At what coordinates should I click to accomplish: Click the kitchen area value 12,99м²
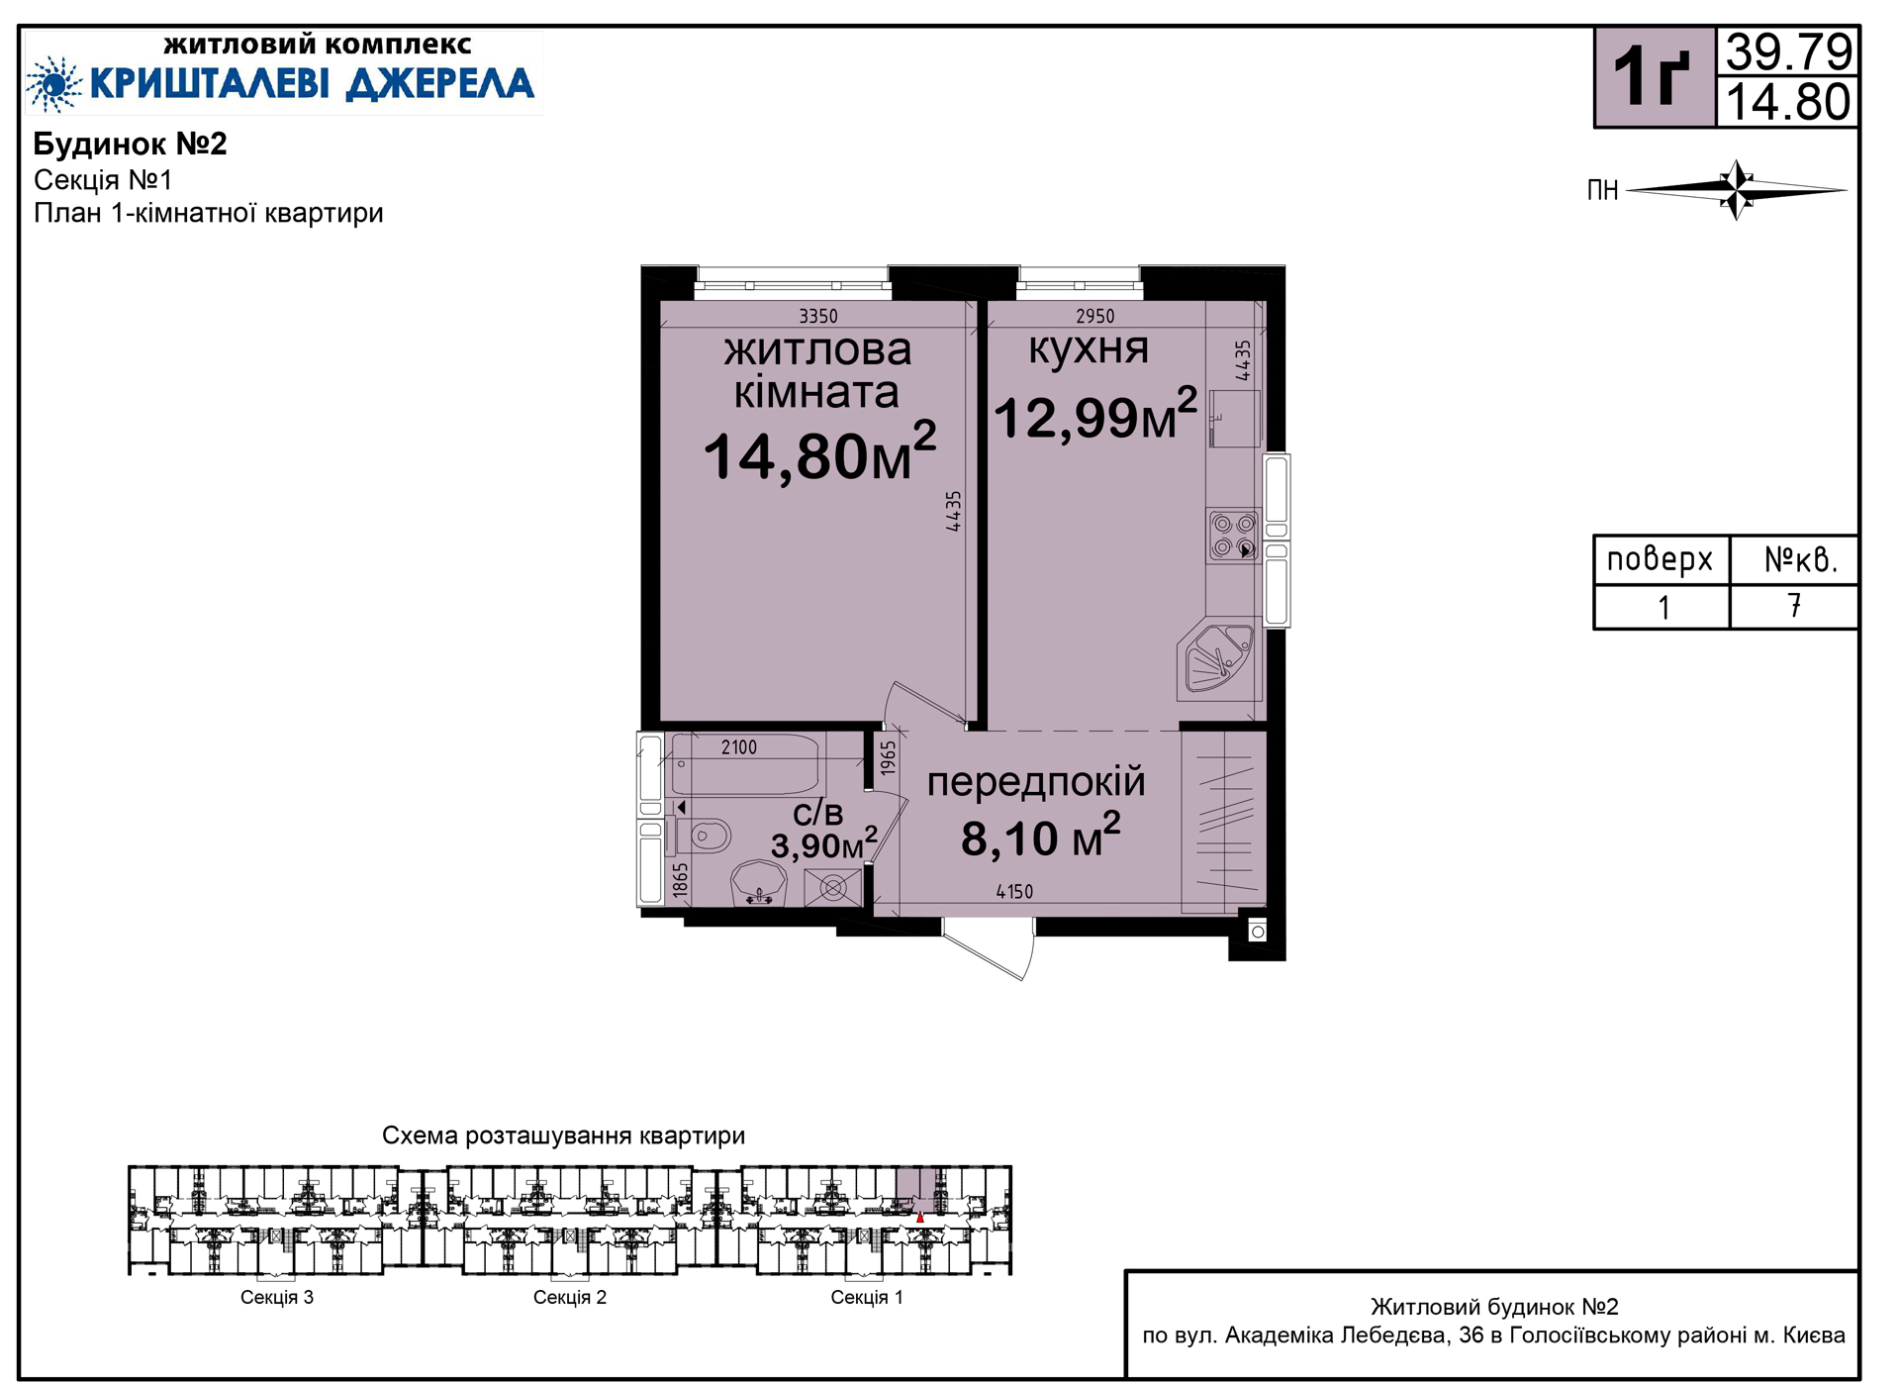pos(1095,414)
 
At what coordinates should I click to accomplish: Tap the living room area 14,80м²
pos(819,453)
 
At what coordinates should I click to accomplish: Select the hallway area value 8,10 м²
pos(1041,837)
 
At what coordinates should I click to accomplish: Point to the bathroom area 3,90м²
pos(824,843)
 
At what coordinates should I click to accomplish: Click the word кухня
pos(1089,348)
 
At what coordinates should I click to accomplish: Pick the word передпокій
pos(1036,782)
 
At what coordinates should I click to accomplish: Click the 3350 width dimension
pos(818,316)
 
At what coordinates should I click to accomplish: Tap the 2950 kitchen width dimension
pos(1094,316)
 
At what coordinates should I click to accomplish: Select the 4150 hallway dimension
pos(1014,892)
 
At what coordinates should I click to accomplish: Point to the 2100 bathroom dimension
pos(738,747)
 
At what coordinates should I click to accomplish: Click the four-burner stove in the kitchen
pos(1234,536)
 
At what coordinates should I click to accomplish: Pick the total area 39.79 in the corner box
pos(1788,51)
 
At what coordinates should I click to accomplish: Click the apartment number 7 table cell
pos(1794,607)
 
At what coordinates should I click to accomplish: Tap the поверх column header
pos(1661,560)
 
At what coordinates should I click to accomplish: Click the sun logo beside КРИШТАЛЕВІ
pos(54,84)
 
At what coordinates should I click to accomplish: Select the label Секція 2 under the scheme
pos(570,1297)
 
